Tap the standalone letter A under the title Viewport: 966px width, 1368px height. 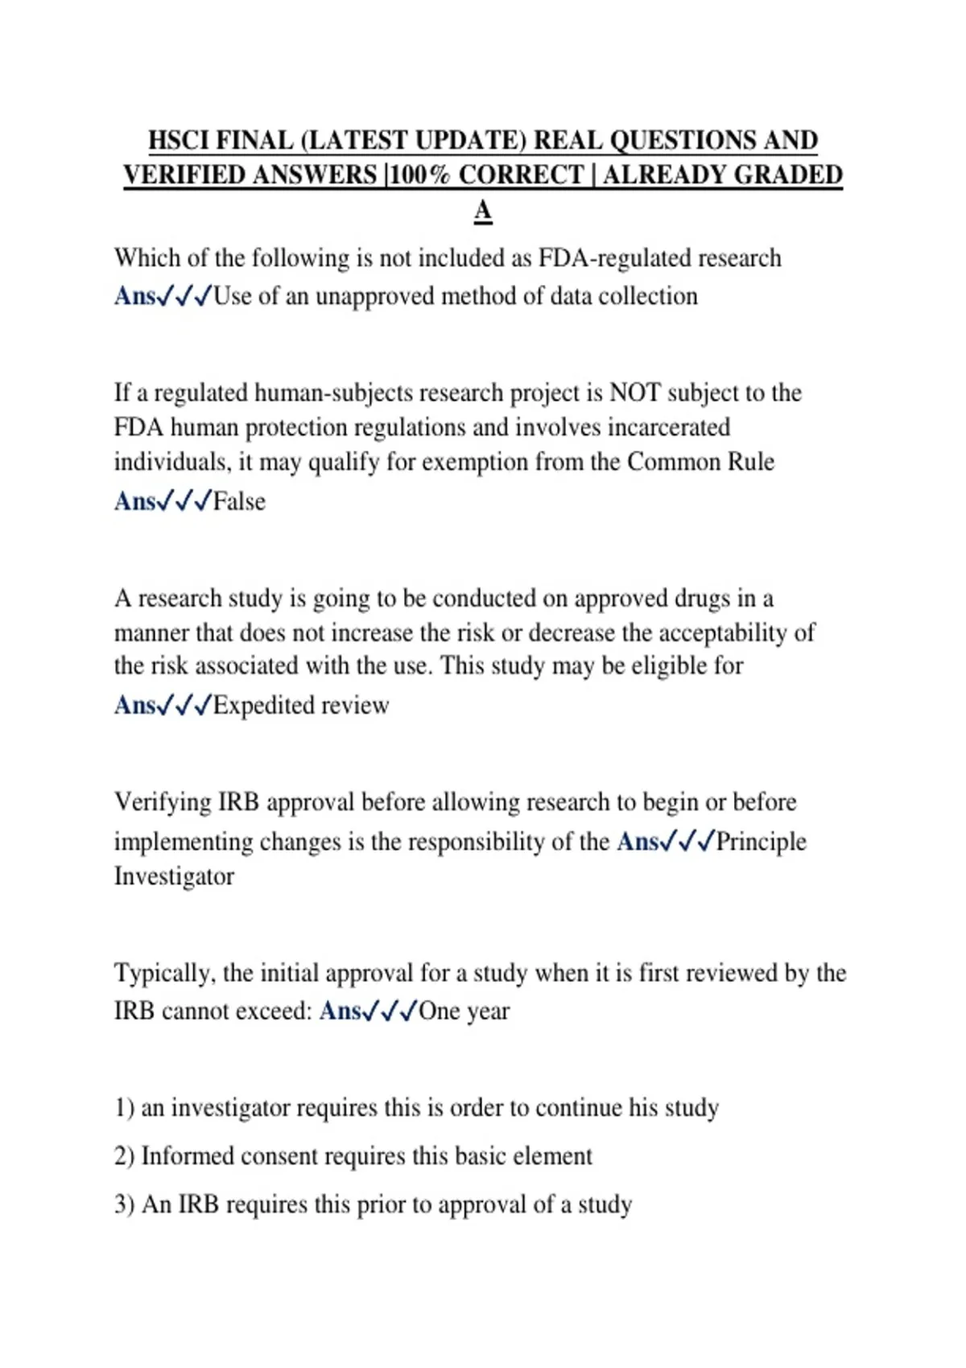(482, 211)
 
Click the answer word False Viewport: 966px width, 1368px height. (239, 502)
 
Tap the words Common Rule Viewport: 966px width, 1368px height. (700, 463)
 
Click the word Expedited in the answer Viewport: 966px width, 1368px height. (262, 706)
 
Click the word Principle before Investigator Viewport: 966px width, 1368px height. (761, 842)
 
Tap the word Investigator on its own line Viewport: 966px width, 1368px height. (174, 876)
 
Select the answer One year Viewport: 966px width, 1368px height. (464, 1012)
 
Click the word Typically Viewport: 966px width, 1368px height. (164, 974)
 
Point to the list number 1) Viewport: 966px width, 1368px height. (124, 1108)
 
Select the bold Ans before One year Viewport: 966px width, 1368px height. (340, 1012)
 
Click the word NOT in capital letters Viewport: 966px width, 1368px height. (635, 393)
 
